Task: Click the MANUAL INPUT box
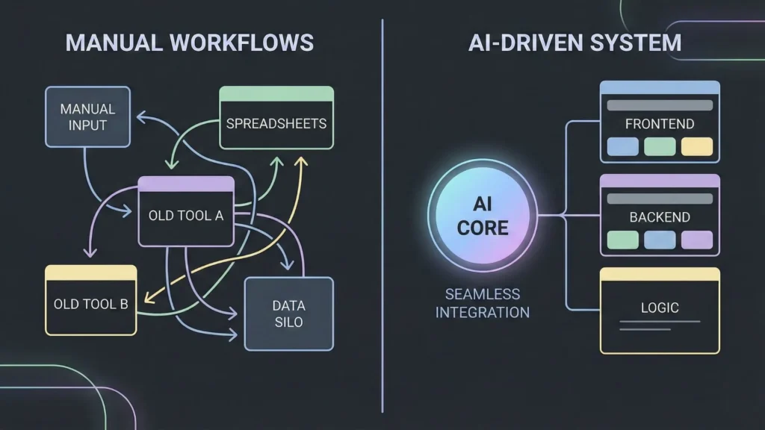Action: [x=87, y=116]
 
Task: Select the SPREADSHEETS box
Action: [x=276, y=123]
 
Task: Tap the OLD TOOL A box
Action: [x=186, y=216]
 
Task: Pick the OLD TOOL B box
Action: [x=90, y=304]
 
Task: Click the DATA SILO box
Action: [x=288, y=314]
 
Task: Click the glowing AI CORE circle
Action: [x=482, y=216]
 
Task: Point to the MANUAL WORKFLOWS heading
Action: [x=189, y=43]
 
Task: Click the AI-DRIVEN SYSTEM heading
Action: [x=574, y=43]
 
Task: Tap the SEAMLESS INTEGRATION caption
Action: [x=482, y=302]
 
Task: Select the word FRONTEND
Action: [x=659, y=124]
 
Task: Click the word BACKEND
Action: [x=659, y=217]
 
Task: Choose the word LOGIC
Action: [x=659, y=308]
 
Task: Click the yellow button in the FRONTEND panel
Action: [x=697, y=146]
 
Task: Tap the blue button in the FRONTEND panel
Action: [x=622, y=146]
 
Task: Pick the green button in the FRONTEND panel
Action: [x=660, y=146]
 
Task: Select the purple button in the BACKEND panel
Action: [x=697, y=240]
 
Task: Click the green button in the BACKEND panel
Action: [x=622, y=240]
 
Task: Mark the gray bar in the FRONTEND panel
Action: [x=660, y=105]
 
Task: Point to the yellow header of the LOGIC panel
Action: [x=660, y=275]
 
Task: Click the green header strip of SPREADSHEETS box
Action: [x=276, y=94]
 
